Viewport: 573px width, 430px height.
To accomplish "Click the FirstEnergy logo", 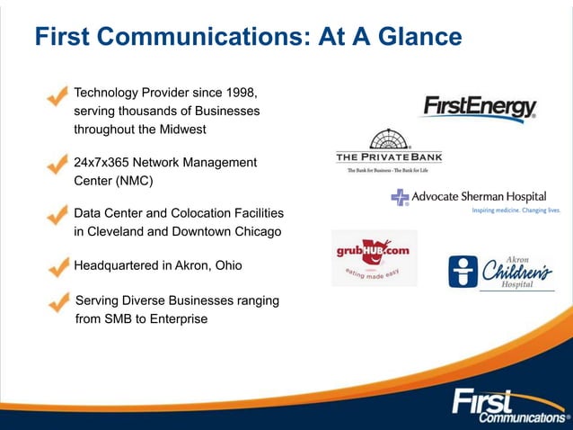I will click(478, 109).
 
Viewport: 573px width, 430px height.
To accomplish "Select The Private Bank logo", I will click(389, 150).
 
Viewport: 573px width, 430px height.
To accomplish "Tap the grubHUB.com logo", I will click(374, 256).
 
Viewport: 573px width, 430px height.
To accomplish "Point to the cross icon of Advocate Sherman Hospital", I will click(400, 197).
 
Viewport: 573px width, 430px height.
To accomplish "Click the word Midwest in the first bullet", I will click(181, 129).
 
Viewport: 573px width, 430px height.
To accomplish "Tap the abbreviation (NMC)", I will click(131, 180).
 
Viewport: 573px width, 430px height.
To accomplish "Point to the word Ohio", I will click(225, 266).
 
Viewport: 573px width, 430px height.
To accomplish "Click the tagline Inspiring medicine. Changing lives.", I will click(516, 211).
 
